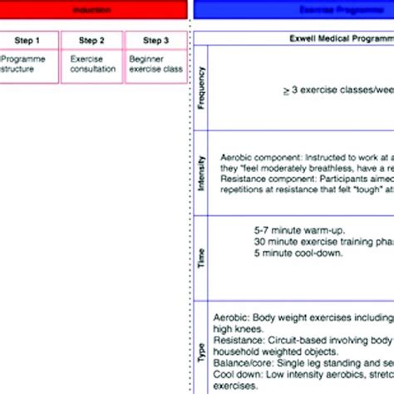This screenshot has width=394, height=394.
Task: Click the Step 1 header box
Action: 29,40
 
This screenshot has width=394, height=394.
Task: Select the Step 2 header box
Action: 91,40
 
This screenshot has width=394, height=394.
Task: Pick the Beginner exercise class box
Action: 155,66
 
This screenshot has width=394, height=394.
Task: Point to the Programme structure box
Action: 29,66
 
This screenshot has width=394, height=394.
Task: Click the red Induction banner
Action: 91,9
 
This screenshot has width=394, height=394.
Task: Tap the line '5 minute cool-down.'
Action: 287,253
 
